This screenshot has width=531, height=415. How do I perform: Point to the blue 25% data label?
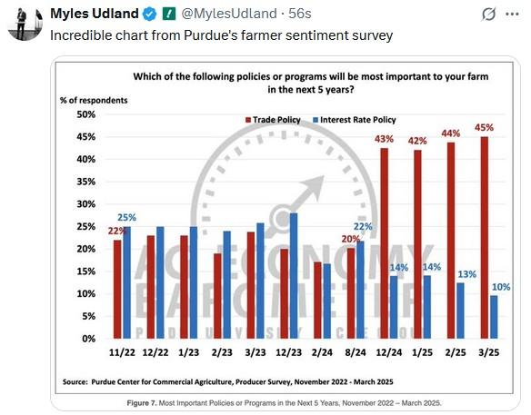(x=126, y=218)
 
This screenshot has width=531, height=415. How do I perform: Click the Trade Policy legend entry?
(x=273, y=119)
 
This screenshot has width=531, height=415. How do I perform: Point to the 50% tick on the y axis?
(x=85, y=115)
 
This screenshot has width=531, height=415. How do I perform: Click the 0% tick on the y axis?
(x=88, y=339)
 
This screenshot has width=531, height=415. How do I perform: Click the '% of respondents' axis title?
(x=95, y=99)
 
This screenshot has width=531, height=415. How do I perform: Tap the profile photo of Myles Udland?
(x=25, y=20)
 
